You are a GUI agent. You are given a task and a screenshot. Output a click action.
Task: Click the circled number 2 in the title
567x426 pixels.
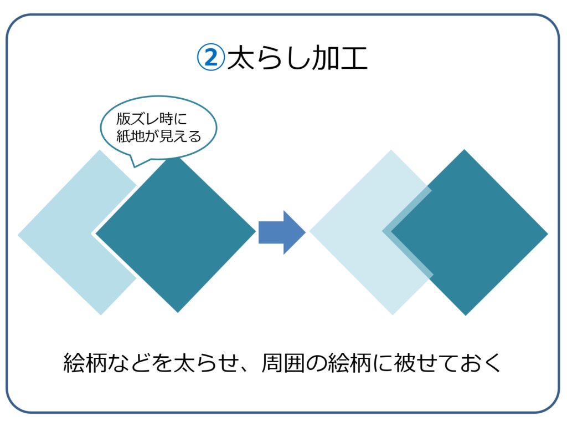coord(210,58)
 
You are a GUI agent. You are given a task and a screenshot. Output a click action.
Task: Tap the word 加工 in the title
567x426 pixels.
coord(340,58)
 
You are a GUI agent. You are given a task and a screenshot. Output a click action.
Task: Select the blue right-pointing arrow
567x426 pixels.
coord(282,232)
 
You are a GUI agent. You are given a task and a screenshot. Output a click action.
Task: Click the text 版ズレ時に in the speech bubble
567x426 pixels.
coord(152,119)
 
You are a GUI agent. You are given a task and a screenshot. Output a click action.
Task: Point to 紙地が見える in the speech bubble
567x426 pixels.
coord(158,136)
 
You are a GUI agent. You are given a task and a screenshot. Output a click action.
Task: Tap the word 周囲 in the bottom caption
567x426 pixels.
coord(283,363)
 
